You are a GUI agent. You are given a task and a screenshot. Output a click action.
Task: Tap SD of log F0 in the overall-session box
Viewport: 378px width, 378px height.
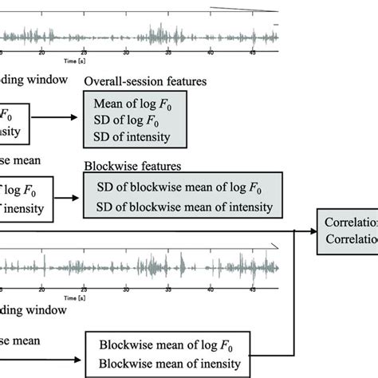pyautogui.click(x=124, y=121)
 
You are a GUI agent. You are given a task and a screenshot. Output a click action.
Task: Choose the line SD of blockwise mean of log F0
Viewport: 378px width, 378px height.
pyautogui.click(x=176, y=188)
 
